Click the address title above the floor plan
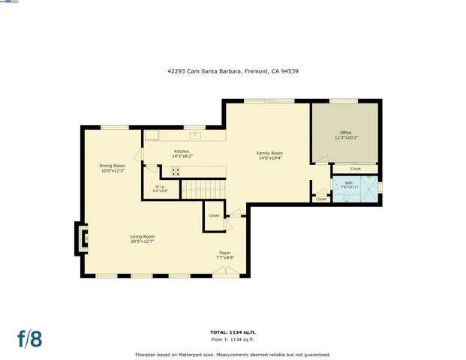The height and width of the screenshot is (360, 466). (x=233, y=71)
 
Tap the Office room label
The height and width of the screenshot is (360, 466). (x=345, y=133)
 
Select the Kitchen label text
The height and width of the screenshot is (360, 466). (x=182, y=151)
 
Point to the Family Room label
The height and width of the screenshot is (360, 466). (x=269, y=152)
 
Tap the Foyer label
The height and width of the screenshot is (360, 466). (x=225, y=253)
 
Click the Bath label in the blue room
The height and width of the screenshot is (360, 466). (x=349, y=182)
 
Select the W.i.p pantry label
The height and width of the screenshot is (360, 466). (x=160, y=186)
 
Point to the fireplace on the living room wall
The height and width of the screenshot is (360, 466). (x=82, y=238)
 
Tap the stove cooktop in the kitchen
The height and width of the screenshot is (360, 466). (x=176, y=171)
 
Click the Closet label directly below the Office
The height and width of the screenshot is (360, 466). (x=355, y=169)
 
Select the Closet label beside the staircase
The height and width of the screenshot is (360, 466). (x=214, y=215)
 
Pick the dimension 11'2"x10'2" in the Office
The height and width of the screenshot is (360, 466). (x=345, y=138)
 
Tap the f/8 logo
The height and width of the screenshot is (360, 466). (x=30, y=338)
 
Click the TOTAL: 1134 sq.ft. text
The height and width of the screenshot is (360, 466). (x=232, y=331)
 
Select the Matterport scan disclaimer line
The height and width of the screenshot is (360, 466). (x=232, y=354)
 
